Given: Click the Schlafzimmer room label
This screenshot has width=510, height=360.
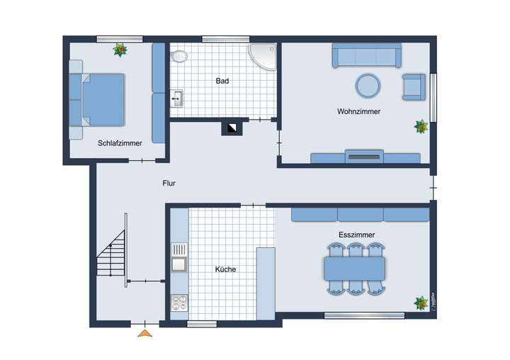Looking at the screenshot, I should [120, 143].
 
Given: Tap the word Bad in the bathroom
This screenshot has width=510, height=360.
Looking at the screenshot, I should [222, 81].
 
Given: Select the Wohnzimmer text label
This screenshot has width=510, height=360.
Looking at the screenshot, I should [358, 112].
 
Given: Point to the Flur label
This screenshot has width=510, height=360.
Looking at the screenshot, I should [169, 184].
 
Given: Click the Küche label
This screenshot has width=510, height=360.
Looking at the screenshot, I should [225, 269].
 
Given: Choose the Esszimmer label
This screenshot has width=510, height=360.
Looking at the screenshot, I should [356, 235].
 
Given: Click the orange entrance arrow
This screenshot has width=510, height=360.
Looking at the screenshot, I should [145, 332].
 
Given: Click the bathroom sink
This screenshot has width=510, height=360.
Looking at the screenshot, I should [177, 99].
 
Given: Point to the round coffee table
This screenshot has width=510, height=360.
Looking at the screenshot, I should [368, 86].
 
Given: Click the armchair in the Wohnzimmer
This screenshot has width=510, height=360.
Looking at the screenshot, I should [414, 86].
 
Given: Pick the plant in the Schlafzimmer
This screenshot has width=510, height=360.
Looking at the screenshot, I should [120, 50].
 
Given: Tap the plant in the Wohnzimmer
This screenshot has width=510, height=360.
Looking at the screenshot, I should [421, 127].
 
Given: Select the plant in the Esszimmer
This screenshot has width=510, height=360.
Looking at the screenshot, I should [421, 302].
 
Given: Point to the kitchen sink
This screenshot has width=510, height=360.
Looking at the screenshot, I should [178, 264].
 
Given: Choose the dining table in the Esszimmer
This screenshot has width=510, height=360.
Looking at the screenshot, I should [354, 269].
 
